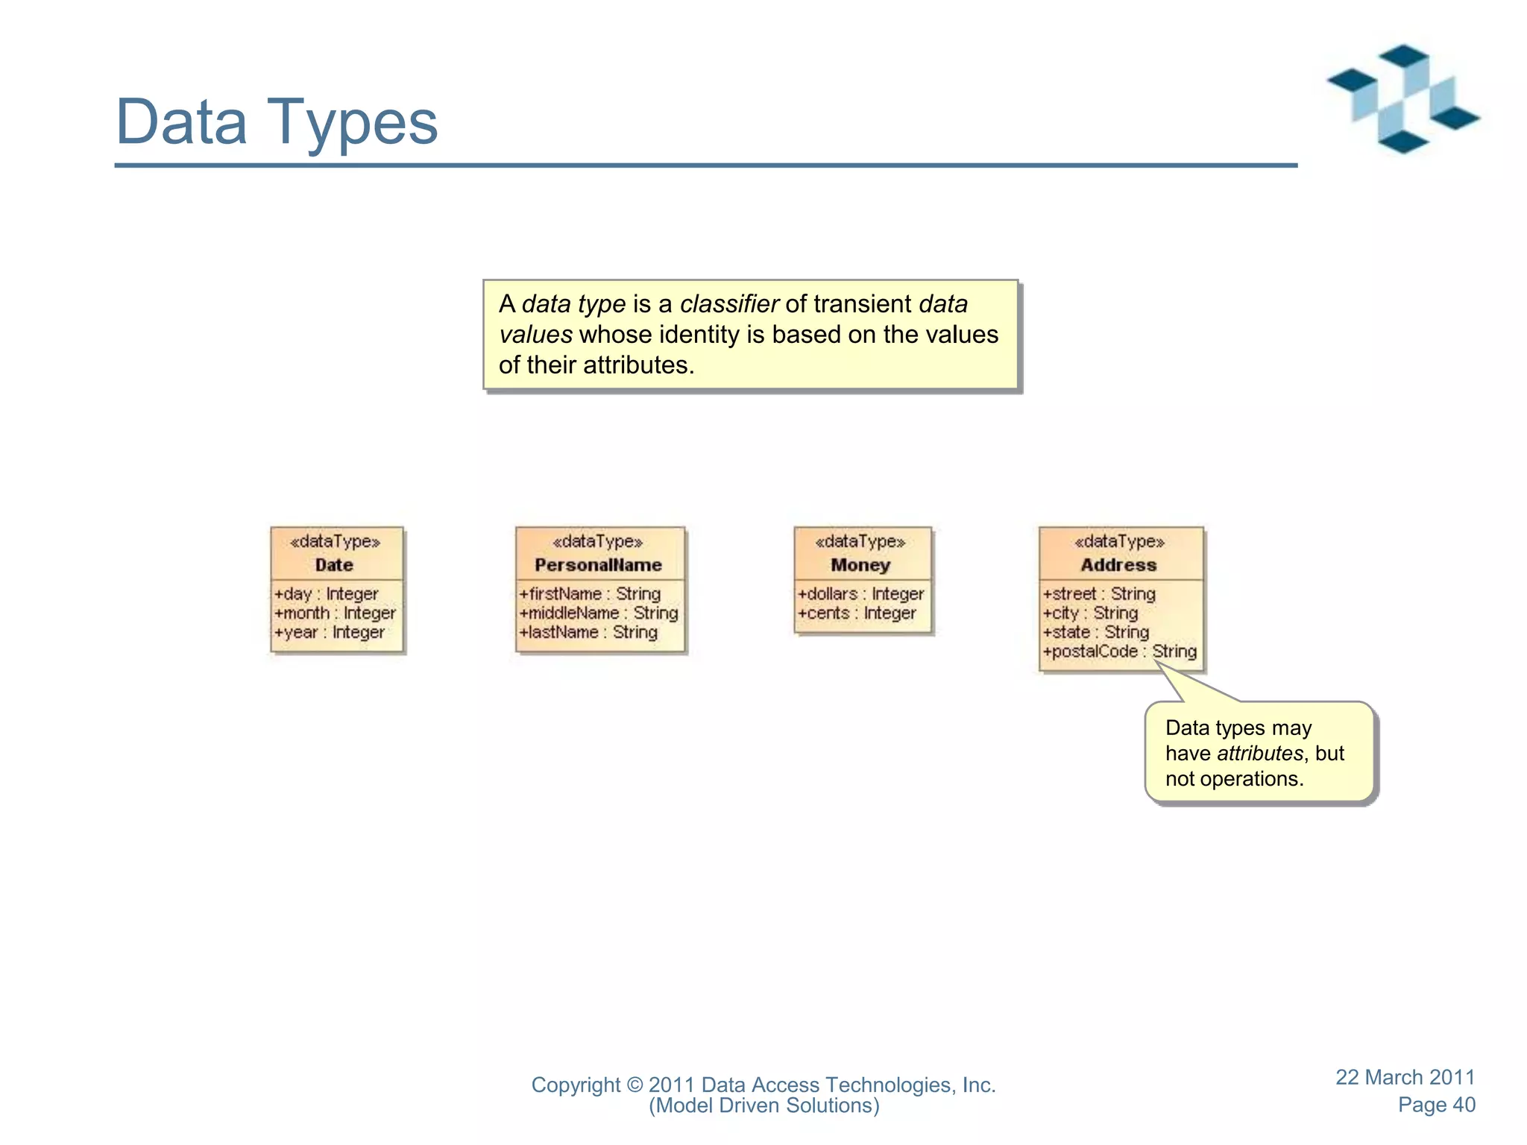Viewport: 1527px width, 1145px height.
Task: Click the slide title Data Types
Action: (x=277, y=122)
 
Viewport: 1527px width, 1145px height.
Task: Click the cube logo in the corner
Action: (x=1402, y=99)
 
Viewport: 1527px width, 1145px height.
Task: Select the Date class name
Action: (x=334, y=565)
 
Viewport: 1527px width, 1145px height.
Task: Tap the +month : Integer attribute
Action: (x=335, y=613)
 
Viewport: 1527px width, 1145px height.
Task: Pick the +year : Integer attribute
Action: (x=330, y=632)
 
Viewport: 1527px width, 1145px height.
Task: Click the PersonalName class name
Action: (x=598, y=565)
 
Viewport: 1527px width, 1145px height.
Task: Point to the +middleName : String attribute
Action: (x=599, y=613)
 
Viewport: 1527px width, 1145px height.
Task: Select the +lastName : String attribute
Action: (x=588, y=632)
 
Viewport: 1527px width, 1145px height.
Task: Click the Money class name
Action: (x=860, y=565)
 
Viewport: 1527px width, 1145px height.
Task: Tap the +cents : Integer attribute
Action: (x=857, y=613)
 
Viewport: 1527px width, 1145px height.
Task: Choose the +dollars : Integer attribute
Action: (x=860, y=594)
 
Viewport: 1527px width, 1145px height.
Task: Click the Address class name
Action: (x=1118, y=565)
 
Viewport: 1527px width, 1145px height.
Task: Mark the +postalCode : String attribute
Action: (x=1119, y=652)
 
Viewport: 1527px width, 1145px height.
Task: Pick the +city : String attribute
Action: (x=1090, y=613)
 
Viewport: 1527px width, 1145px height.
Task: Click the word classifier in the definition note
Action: (x=729, y=304)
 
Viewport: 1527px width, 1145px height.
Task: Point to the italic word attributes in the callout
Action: (x=1260, y=754)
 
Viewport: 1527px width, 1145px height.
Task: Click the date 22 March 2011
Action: (x=1405, y=1077)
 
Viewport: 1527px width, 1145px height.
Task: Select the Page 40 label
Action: (x=1436, y=1105)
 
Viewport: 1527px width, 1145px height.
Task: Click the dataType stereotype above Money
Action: (x=860, y=542)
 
